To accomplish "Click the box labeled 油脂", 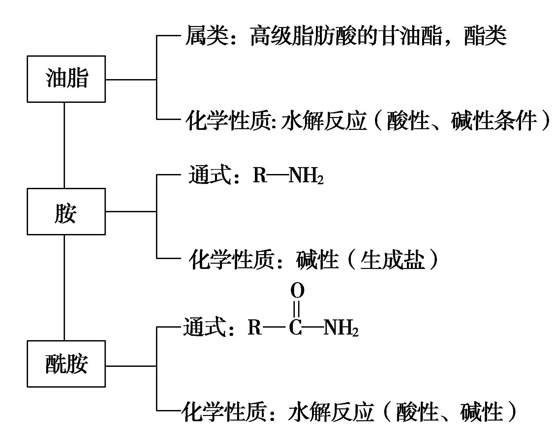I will click(x=66, y=79).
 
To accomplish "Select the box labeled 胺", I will click(x=66, y=211).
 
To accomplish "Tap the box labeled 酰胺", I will click(x=66, y=364).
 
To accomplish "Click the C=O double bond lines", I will click(x=296, y=309).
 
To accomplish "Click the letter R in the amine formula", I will click(x=260, y=175).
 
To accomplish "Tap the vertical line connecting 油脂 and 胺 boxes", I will click(x=64, y=145).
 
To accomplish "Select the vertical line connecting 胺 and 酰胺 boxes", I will click(x=64, y=287).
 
